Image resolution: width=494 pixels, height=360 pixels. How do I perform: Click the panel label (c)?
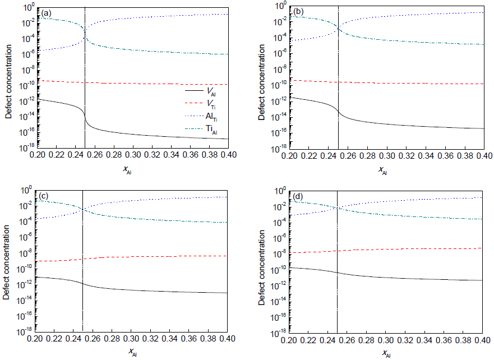[43, 196]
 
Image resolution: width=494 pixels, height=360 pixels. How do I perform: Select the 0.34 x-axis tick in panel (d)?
[426, 340]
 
